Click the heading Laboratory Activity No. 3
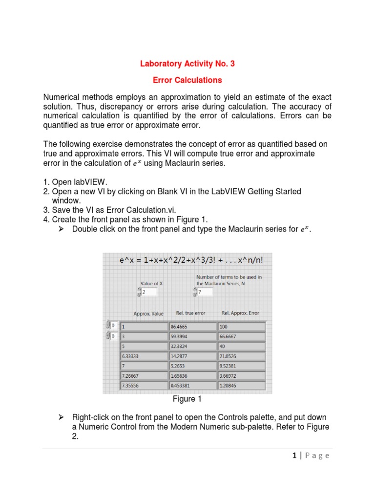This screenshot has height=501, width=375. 187,64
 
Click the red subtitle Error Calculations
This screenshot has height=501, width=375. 187,80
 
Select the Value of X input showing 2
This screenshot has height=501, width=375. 149,292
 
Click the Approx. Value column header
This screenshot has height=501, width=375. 148,314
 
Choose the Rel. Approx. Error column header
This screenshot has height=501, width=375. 241,313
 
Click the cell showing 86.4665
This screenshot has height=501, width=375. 192,326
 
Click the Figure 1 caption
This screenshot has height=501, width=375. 187,399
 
